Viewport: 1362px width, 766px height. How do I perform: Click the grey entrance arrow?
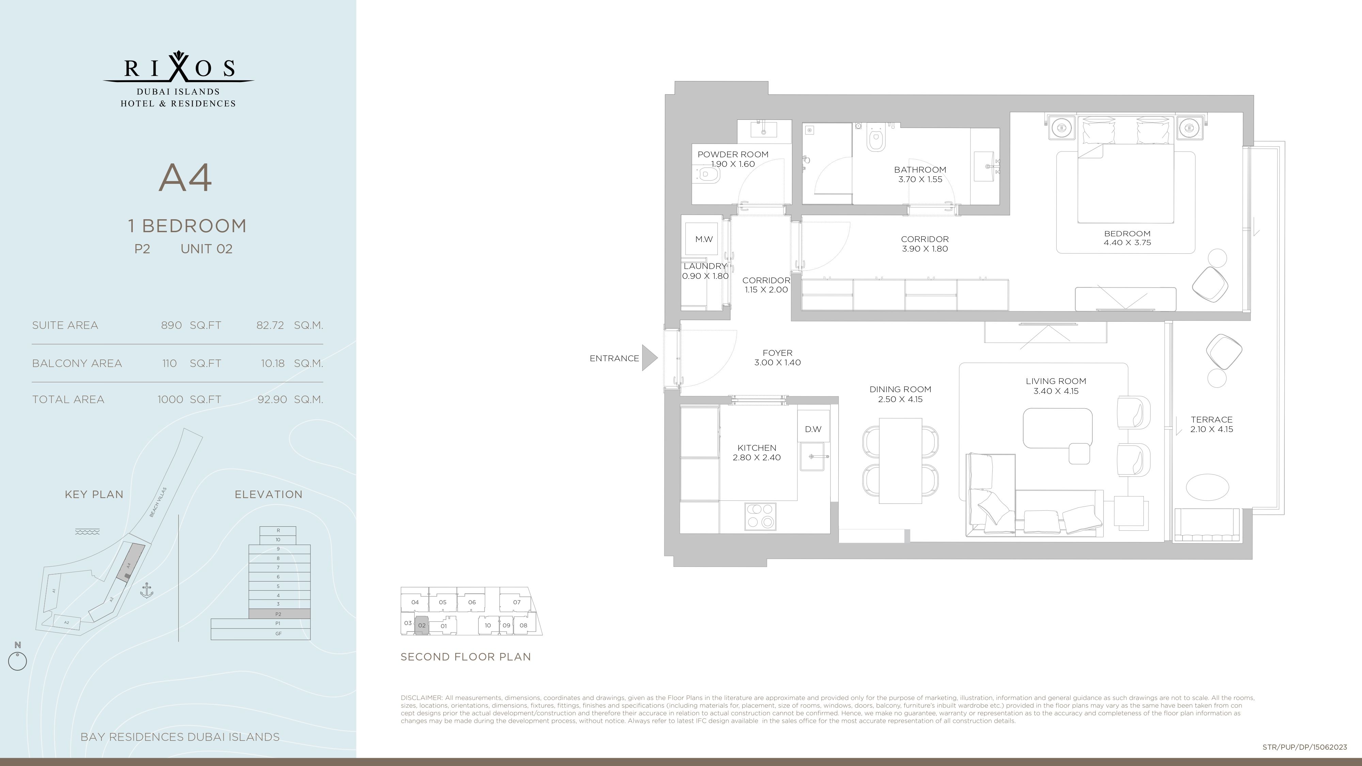point(650,358)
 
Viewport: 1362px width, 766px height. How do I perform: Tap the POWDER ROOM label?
point(733,154)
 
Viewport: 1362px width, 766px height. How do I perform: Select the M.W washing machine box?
point(704,239)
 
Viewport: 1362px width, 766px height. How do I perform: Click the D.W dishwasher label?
point(813,429)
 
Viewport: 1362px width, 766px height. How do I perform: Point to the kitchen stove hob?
point(760,516)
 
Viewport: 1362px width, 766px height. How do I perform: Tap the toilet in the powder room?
point(706,174)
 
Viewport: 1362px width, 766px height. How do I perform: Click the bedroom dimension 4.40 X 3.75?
point(1127,243)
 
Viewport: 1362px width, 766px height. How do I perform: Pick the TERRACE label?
point(1211,420)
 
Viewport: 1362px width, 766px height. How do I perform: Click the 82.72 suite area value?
point(270,325)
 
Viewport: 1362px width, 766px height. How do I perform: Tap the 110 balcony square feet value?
point(169,363)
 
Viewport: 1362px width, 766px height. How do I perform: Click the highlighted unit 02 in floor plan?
point(422,625)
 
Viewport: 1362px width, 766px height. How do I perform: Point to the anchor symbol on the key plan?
point(146,590)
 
